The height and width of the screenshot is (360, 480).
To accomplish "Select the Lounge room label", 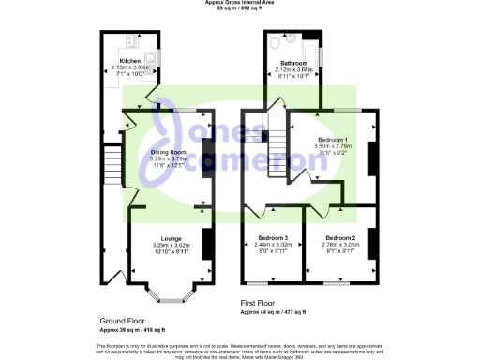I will (x=171, y=239).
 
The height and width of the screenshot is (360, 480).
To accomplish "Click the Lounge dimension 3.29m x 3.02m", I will (x=171, y=246).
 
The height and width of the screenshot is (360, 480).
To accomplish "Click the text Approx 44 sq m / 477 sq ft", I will (x=274, y=311).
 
